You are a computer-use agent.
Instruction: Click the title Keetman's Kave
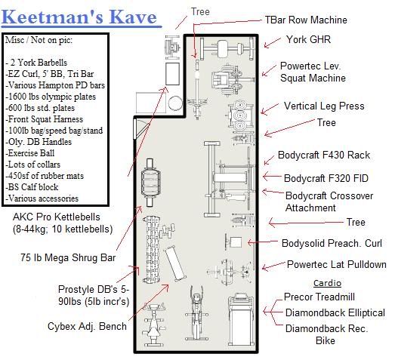pyautogui.click(x=79, y=17)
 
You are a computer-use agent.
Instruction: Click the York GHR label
pyautogui.click(x=308, y=39)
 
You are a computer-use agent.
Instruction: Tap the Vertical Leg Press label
pyautogui.click(x=324, y=106)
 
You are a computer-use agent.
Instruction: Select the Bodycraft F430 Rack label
pyautogui.click(x=324, y=155)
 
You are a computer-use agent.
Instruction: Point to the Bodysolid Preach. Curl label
pyautogui.click(x=332, y=243)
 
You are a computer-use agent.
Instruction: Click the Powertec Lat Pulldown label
pyautogui.click(x=337, y=264)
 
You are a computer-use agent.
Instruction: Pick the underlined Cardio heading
pyautogui.click(x=327, y=283)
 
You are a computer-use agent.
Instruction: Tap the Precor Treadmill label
pyautogui.click(x=319, y=297)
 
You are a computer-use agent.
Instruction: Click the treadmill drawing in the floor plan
pyautogui.click(x=241, y=320)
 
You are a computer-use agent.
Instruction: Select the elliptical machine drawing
pyautogui.click(x=196, y=312)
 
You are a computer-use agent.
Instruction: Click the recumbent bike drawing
pyautogui.click(x=153, y=325)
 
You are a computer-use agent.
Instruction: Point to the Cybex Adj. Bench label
pyautogui.click(x=87, y=326)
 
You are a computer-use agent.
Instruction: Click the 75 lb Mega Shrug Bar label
pyautogui.click(x=68, y=257)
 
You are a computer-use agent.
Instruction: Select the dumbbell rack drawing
pyautogui.click(x=152, y=249)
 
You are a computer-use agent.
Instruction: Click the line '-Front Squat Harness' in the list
pyautogui.click(x=45, y=119)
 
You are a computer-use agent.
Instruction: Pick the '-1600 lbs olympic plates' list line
pyautogui.click(x=51, y=97)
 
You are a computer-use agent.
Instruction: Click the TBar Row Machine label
pyautogui.click(x=306, y=20)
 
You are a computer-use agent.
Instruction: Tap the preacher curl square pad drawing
pyautogui.click(x=236, y=242)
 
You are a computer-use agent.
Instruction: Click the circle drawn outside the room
pyautogui.click(x=175, y=103)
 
